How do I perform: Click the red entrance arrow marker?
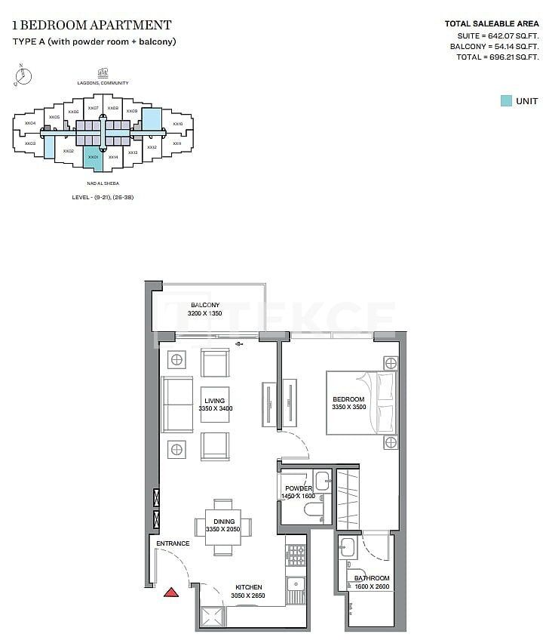point(171,592)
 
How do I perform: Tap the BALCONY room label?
point(205,305)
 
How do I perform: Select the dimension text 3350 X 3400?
point(215,408)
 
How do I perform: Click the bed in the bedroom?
point(360,402)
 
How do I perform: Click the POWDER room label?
point(298,488)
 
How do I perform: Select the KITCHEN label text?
point(248,587)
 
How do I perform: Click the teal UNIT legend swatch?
point(507,101)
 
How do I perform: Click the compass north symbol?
point(23,74)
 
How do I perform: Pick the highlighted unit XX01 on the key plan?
point(93,157)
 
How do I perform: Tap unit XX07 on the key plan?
point(93,109)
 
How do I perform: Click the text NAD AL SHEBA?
point(103,183)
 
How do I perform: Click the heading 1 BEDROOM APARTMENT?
point(91,25)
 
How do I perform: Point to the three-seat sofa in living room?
point(177,404)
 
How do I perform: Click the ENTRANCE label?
point(172,543)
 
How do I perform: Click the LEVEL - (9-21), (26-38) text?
point(103,197)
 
